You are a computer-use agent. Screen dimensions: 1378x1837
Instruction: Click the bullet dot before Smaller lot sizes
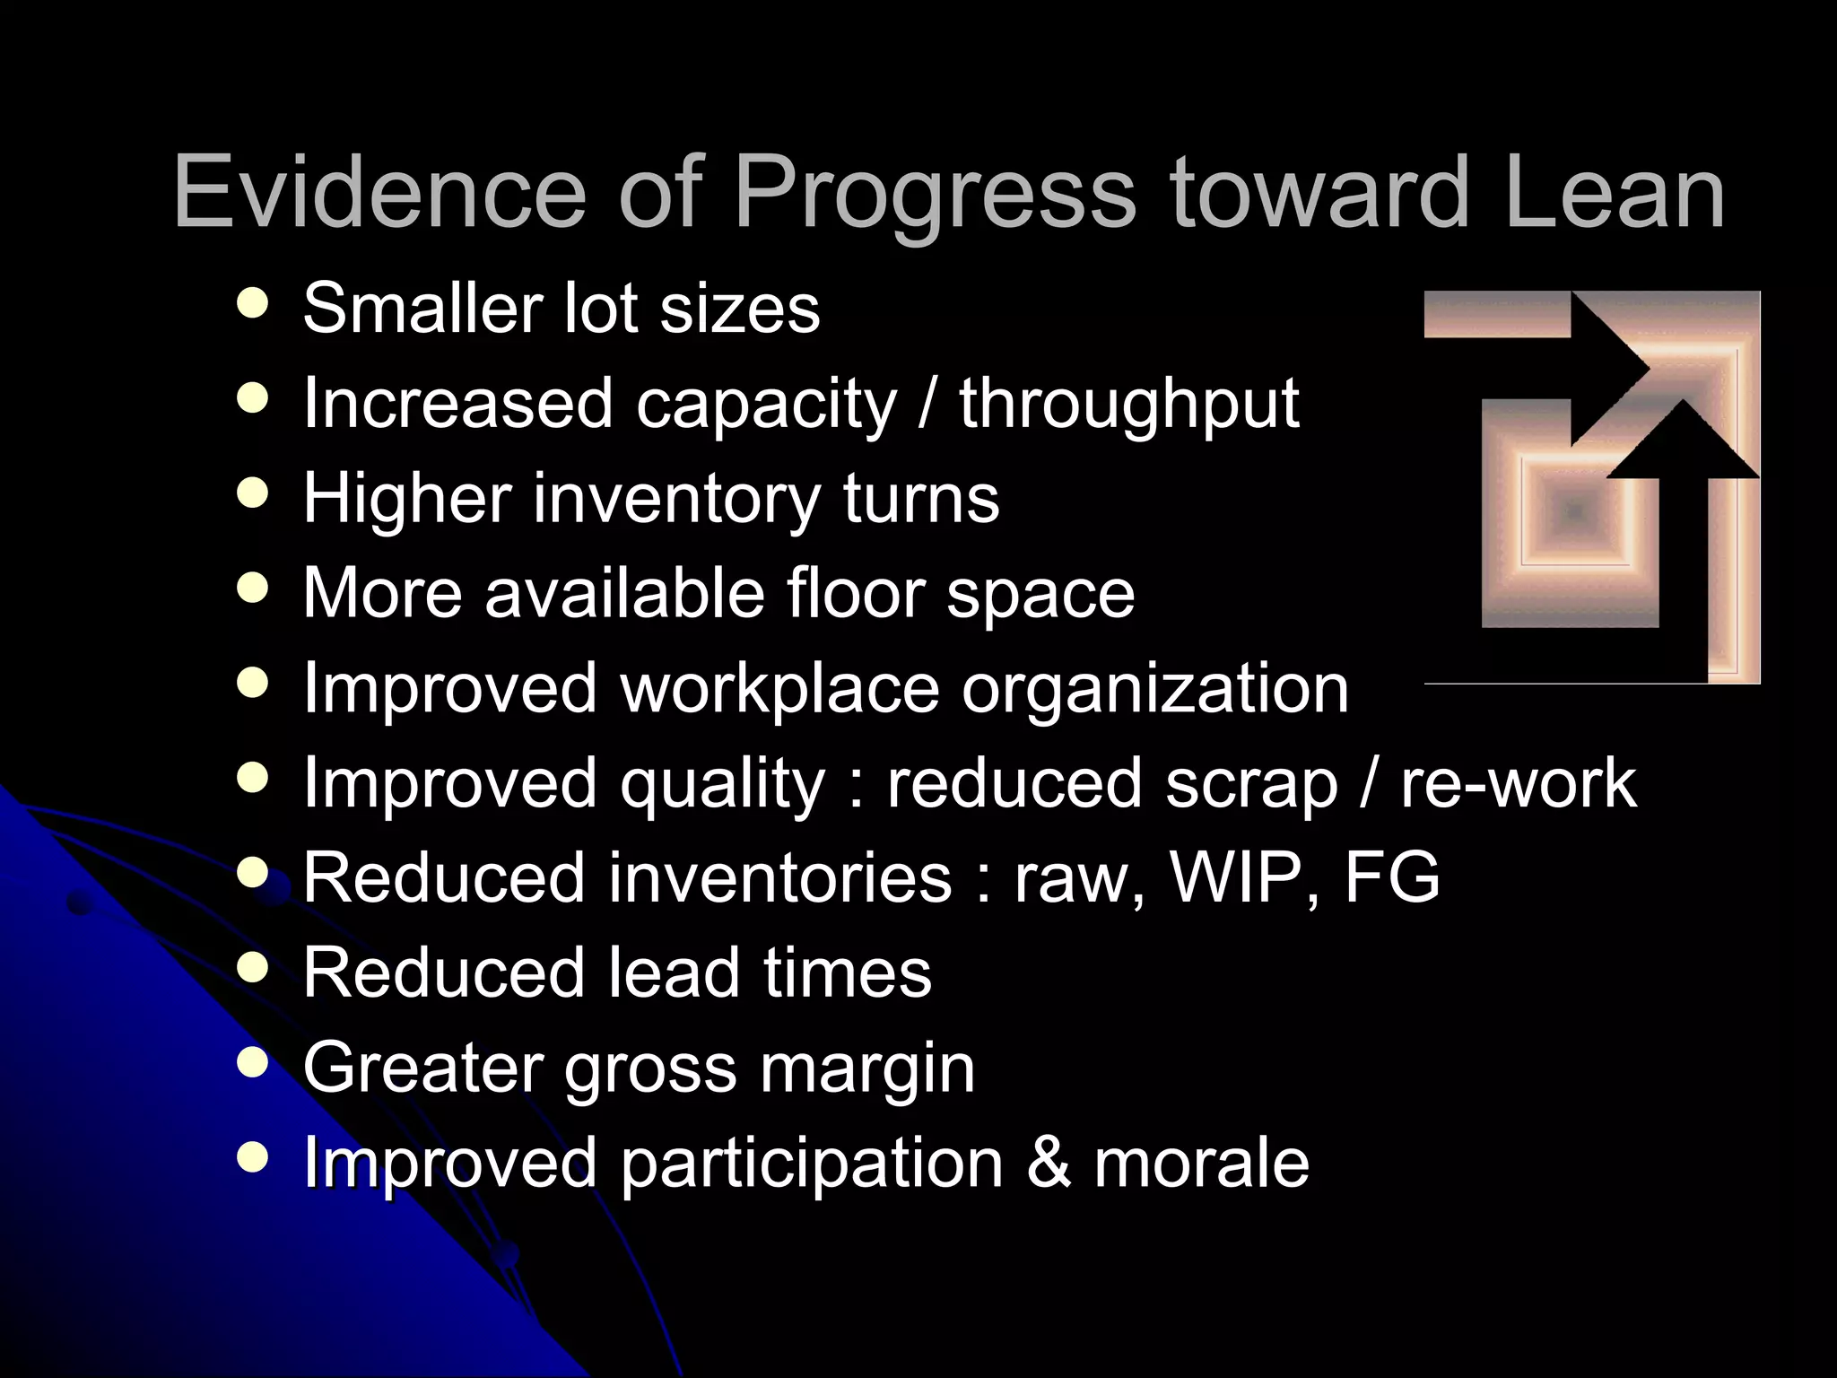[254, 303]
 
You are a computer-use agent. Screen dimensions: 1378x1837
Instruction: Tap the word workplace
[779, 689]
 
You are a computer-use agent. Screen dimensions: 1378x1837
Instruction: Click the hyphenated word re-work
[1519, 784]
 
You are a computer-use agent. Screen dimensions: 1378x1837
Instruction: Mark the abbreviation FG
[1391, 877]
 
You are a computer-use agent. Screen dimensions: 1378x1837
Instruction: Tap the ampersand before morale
[1049, 1164]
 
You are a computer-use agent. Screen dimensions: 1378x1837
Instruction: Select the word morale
[1202, 1164]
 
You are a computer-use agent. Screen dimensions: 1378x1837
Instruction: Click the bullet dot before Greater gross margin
[254, 1063]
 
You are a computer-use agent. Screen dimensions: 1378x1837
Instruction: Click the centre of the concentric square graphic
[1576, 511]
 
